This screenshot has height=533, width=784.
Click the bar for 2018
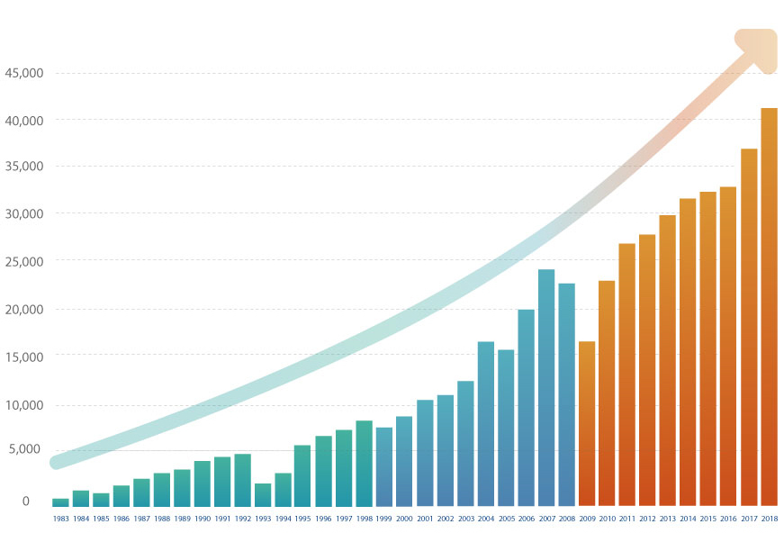769,306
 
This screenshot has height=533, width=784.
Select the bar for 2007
546,387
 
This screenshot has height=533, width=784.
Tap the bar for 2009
587,423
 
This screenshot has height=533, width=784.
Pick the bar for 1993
263,495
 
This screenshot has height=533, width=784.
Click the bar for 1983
60,502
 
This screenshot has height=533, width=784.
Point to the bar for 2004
486,423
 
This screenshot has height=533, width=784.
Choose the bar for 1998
364,463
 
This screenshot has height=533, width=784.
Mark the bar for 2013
668,360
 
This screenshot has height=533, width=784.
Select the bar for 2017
749,327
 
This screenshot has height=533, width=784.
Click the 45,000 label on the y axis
24,73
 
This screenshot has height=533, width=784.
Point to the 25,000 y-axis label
24,261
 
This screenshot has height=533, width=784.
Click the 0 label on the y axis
26,501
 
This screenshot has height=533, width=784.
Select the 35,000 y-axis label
24,167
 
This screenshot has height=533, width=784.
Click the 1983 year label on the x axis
60,519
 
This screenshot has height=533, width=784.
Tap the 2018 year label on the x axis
769,519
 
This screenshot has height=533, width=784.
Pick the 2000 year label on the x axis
404,519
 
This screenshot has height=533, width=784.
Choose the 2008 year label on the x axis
566,519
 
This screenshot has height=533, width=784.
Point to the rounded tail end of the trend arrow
57,463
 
